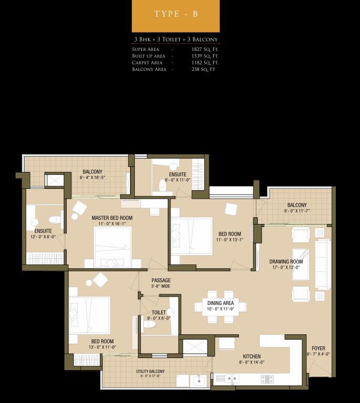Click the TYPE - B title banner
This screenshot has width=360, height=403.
(x=176, y=15)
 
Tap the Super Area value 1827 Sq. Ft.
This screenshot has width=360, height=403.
(x=205, y=49)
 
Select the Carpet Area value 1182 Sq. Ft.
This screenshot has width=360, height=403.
(x=205, y=62)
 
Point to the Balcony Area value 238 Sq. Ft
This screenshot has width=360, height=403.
(x=203, y=69)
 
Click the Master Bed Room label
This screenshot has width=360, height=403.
(x=112, y=218)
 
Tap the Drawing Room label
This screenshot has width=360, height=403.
(x=286, y=262)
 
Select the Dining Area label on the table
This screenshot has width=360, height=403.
(x=220, y=303)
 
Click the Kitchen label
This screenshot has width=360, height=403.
(x=251, y=356)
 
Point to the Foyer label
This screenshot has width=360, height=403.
(x=319, y=348)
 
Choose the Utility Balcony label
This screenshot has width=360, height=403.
(x=150, y=372)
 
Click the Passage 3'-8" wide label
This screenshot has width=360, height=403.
(x=161, y=283)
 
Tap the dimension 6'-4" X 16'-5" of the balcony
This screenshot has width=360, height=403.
(x=92, y=177)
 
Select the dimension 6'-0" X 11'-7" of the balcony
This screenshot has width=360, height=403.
(x=297, y=211)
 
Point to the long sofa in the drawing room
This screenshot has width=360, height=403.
(x=323, y=264)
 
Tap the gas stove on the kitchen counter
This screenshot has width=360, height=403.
(x=267, y=379)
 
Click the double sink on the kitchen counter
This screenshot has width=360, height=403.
(x=232, y=378)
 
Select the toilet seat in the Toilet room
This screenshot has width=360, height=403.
(x=150, y=325)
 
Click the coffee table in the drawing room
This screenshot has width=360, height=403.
(x=301, y=264)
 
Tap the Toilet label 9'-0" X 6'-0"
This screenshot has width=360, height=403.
(x=158, y=315)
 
